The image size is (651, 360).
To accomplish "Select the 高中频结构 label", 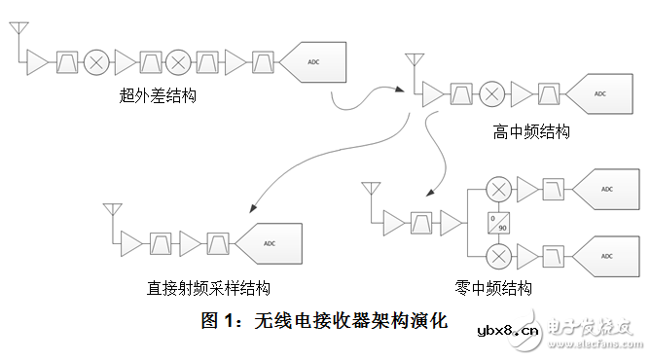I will click(x=531, y=131).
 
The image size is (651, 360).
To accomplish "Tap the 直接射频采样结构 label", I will click(x=208, y=288).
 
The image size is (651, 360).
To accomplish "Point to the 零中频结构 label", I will click(x=493, y=288).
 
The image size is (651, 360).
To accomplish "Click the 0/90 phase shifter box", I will click(x=499, y=222).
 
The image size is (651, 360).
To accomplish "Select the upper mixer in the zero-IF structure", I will click(x=499, y=189).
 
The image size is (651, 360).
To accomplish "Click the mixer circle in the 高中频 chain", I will click(x=492, y=94).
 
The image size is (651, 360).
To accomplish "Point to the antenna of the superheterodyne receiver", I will click(x=18, y=36).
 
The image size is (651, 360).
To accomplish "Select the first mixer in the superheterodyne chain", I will click(x=97, y=61).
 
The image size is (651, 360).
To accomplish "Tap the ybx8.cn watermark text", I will click(x=507, y=331).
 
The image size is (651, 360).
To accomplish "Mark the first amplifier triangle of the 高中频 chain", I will click(x=431, y=94).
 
